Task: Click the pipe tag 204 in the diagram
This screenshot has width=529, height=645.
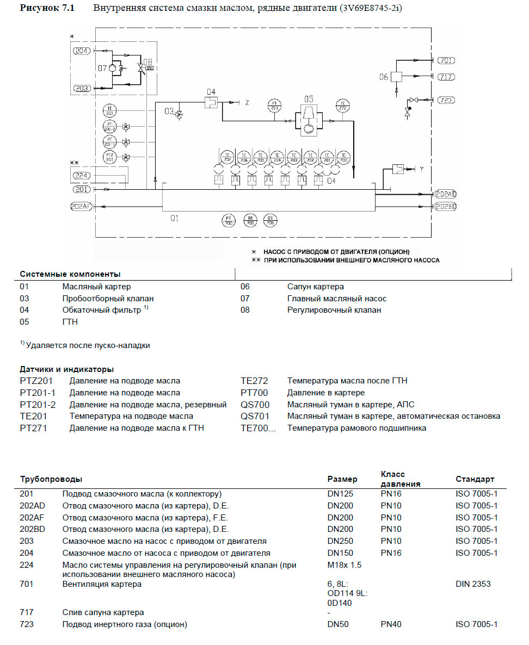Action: click(x=83, y=51)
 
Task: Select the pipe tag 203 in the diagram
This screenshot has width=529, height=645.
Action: click(x=83, y=88)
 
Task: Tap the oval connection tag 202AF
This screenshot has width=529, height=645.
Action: click(x=82, y=206)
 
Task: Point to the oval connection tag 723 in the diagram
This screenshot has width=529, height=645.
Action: click(x=446, y=100)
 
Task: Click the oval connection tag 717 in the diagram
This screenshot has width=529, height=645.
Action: click(x=446, y=77)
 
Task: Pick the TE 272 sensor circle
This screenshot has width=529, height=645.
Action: click(x=343, y=106)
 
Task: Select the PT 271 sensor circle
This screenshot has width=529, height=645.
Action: click(x=274, y=106)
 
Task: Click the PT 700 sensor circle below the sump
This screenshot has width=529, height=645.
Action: click(x=229, y=220)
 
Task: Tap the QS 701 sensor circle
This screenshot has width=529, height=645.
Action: click(x=269, y=220)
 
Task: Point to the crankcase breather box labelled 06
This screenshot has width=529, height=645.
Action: click(x=397, y=77)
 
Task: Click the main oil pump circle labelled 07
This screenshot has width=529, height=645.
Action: click(x=113, y=69)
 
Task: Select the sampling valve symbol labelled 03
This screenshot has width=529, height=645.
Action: click(x=180, y=114)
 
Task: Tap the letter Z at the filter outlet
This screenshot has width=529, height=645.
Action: click(x=247, y=102)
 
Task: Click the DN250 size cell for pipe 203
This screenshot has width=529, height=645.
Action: click(x=340, y=541)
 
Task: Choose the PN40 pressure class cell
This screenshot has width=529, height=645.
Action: click(x=391, y=624)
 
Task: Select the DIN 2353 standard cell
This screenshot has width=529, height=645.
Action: click(x=473, y=584)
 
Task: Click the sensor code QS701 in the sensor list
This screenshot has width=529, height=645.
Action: click(x=255, y=416)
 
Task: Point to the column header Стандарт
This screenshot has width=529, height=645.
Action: click(x=475, y=479)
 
